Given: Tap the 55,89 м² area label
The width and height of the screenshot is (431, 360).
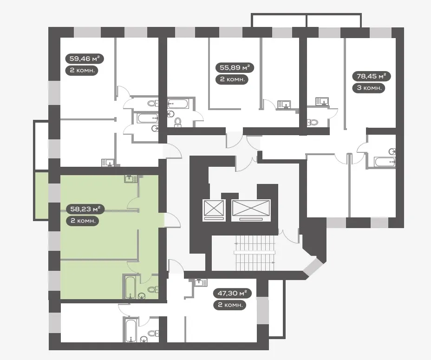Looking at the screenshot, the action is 235,67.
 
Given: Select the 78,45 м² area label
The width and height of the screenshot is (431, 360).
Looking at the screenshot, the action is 372,76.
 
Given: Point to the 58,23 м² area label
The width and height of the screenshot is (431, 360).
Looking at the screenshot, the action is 85,209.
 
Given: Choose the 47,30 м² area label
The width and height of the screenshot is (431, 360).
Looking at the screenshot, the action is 232,293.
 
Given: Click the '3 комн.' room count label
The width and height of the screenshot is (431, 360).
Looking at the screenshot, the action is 369,88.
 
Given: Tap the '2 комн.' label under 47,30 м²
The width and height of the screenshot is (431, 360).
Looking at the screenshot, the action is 229,305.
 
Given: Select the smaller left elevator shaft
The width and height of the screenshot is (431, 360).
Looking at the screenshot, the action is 214,210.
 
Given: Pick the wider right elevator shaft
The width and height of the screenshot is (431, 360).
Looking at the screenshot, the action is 251,210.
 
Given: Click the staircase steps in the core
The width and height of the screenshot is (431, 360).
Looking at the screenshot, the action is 255,252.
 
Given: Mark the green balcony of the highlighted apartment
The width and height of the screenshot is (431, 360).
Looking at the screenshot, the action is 41,196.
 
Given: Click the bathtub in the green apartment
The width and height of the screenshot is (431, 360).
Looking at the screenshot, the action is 130,287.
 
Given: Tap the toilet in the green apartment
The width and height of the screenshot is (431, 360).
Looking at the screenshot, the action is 152,289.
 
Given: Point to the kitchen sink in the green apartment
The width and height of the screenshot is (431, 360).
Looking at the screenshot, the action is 131,179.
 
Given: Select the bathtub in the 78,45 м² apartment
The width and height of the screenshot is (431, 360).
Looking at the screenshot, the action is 385,162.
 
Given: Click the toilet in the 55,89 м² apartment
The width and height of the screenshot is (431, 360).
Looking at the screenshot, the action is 178,122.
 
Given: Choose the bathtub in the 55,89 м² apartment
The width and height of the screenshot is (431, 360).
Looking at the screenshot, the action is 178,104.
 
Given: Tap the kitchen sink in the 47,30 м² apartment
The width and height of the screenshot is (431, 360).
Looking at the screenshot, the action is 201,283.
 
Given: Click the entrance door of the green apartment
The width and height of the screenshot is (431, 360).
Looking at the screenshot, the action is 172,220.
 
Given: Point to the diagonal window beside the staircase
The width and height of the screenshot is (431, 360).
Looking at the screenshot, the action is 313,266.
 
